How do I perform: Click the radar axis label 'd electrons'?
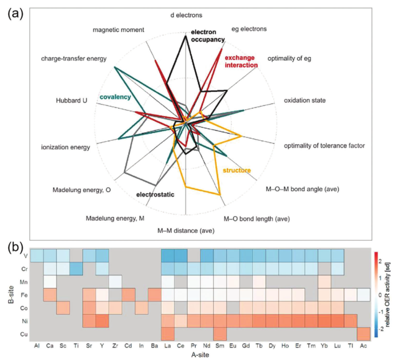point(187,16)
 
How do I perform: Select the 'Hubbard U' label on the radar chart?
point(72,100)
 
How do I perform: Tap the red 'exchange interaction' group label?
point(241,61)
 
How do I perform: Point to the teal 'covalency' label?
point(115,97)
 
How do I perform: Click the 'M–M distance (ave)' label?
point(186,231)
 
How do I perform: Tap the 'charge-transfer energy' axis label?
point(74,59)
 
